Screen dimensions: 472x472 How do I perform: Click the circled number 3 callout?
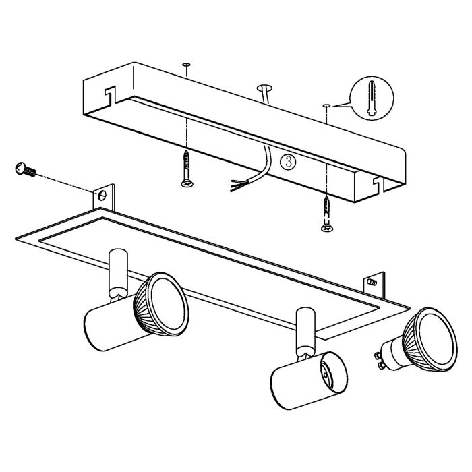(x=287, y=162)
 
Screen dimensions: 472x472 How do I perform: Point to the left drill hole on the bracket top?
(x=185, y=65)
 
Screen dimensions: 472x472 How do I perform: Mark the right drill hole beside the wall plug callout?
(x=326, y=105)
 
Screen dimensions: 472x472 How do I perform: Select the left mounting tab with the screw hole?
(x=102, y=196)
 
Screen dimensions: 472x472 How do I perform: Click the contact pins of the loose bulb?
(x=383, y=359)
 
